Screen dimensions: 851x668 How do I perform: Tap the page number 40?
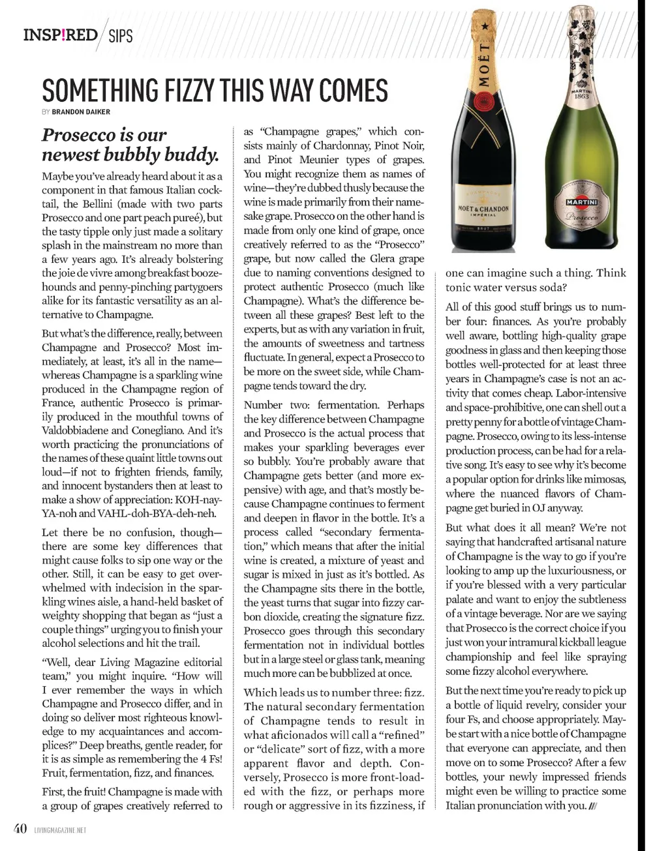pos(20,829)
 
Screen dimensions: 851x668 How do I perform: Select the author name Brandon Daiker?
pos(81,112)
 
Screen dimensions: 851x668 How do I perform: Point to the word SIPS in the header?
pos(121,36)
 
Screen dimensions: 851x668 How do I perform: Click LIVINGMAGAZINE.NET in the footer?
pos(60,831)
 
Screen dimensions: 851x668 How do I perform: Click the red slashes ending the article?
pos(592,806)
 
